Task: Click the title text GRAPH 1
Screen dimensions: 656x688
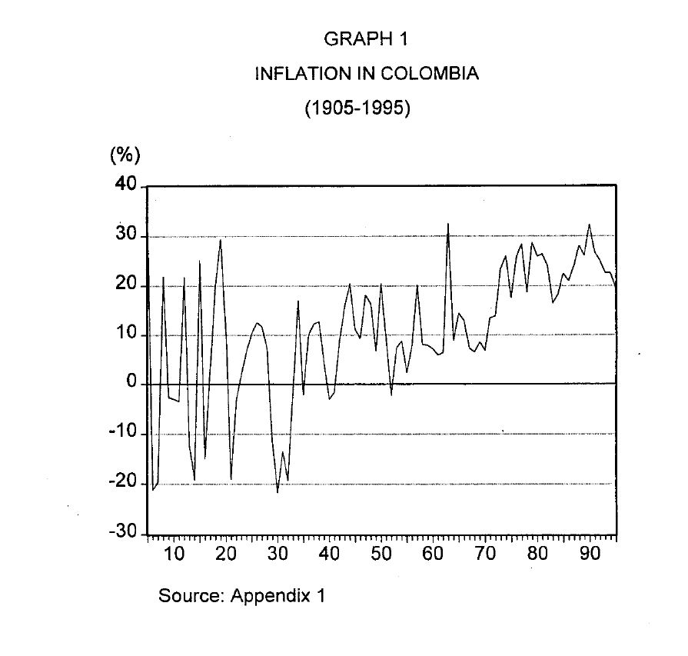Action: coord(358,38)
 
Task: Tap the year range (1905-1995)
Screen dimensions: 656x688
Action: coord(358,108)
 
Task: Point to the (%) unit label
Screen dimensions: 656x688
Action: coord(126,155)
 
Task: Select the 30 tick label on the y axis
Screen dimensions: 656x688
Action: coord(126,235)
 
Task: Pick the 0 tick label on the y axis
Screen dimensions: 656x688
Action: coord(131,383)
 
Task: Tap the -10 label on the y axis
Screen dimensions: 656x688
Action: coord(123,433)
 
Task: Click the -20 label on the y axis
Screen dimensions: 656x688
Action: coord(123,483)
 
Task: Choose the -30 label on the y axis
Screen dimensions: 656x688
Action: coord(123,533)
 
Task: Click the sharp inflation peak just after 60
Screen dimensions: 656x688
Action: coord(448,224)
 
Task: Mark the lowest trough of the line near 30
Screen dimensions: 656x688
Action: coord(278,492)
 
